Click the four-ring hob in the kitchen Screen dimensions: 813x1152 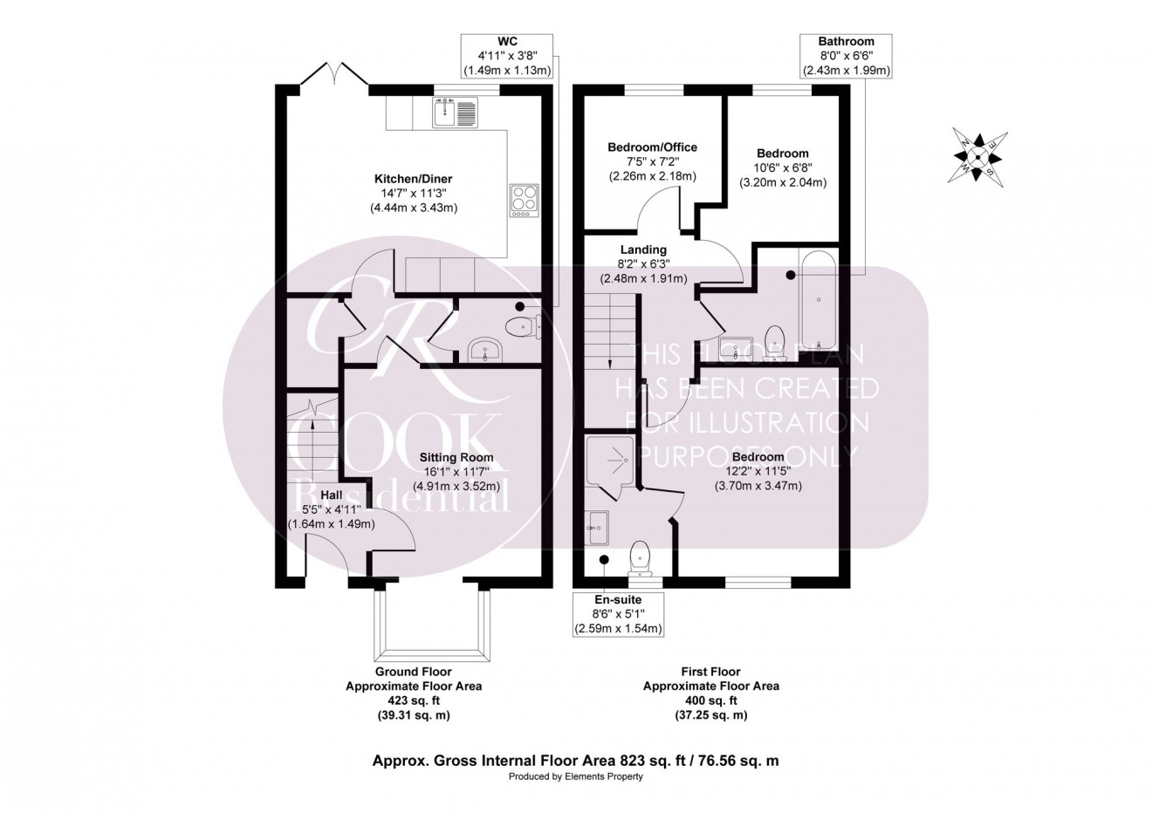click(x=523, y=200)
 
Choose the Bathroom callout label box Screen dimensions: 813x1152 click(x=845, y=56)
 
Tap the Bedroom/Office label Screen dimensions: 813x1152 click(x=652, y=147)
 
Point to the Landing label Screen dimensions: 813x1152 click(x=643, y=249)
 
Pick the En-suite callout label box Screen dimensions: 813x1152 click(x=617, y=614)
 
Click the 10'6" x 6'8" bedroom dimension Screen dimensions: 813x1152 click(x=782, y=168)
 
